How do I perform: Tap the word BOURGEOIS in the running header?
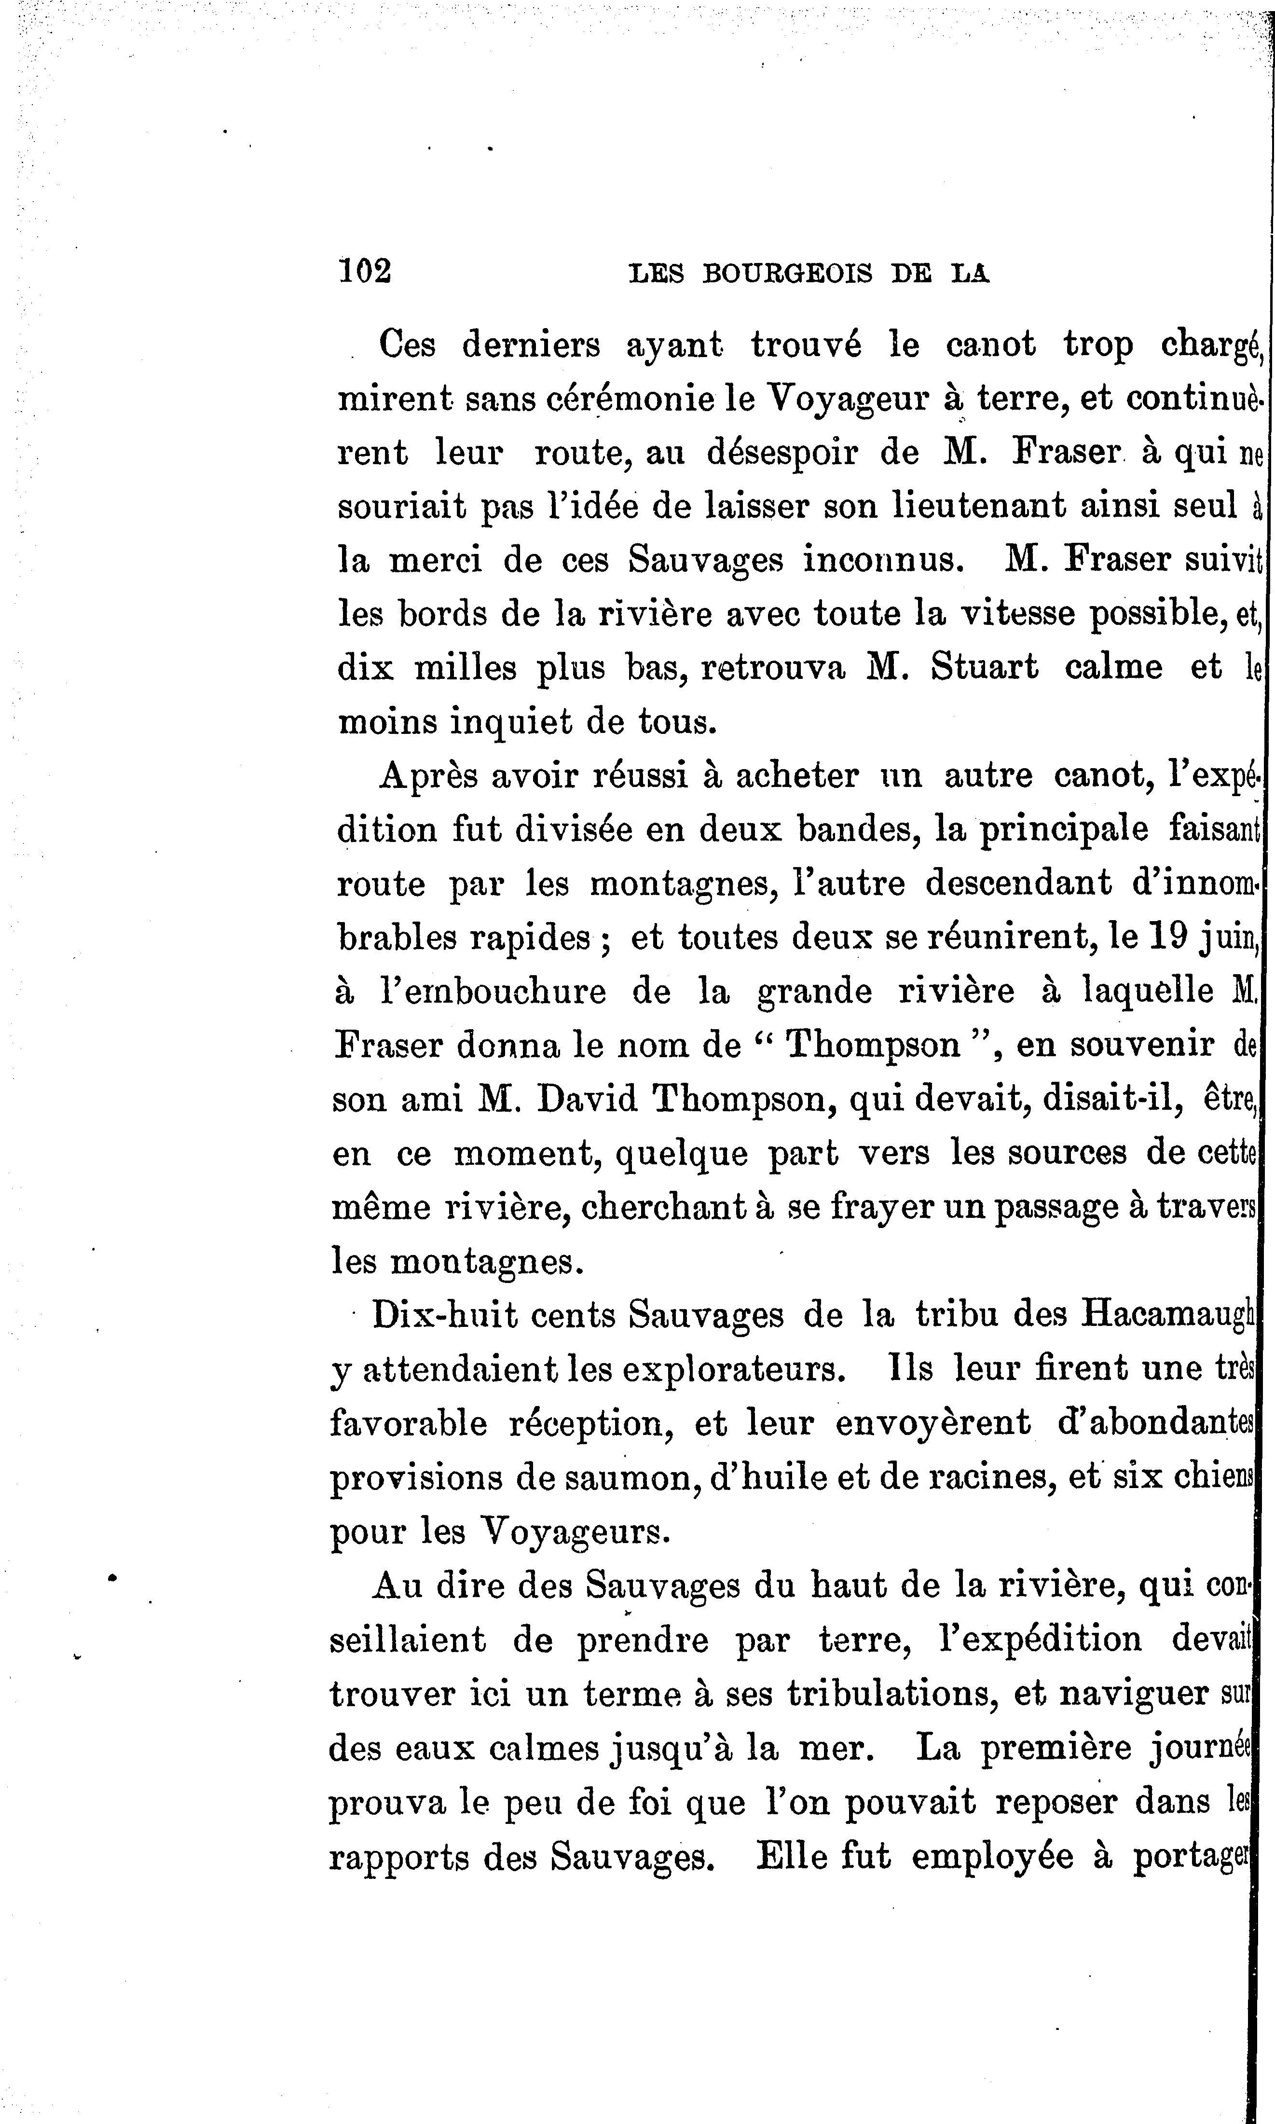[786, 273]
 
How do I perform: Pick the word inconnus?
[879, 560]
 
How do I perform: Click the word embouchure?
[493, 992]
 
